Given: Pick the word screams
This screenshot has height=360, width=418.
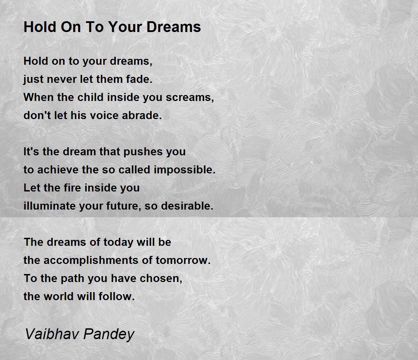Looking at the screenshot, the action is pyautogui.click(x=190, y=97).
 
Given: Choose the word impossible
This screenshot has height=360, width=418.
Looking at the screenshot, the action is pyautogui.click(x=184, y=170).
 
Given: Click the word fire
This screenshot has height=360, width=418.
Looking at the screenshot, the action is pyautogui.click(x=72, y=188).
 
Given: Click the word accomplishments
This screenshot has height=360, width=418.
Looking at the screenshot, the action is pyautogui.click(x=91, y=260).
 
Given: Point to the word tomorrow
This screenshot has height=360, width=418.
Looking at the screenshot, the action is pyautogui.click(x=183, y=260).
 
